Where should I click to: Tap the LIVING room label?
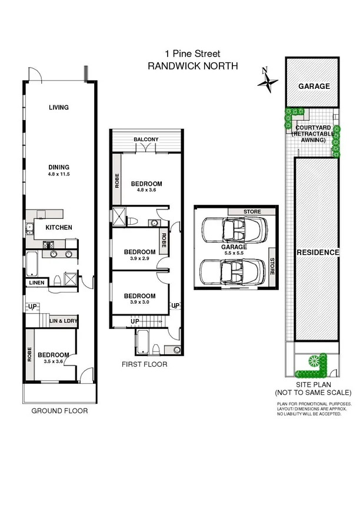click(59, 107)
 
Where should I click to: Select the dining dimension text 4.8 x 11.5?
click(59, 174)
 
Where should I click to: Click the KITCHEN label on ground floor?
click(59, 227)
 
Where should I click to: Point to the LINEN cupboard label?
click(35, 283)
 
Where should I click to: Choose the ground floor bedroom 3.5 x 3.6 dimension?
click(54, 361)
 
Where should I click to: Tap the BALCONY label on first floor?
click(146, 139)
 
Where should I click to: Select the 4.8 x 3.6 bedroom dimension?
click(146, 190)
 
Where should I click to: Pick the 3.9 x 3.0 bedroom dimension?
click(139, 303)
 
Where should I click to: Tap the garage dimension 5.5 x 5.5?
click(233, 254)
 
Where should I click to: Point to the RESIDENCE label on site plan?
click(318, 252)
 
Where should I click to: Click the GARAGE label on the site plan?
click(314, 87)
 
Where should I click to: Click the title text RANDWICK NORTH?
click(192, 67)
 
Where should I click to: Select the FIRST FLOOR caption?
click(144, 364)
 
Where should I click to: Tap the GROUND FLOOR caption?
click(59, 411)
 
